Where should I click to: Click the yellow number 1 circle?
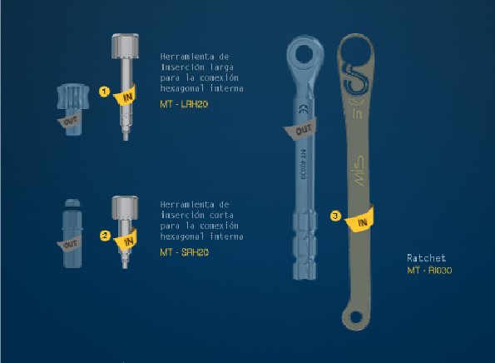click(x=104, y=91)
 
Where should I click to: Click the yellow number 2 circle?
click(x=104, y=235)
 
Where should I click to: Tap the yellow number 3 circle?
click(x=334, y=216)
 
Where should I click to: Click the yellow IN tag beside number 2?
click(x=128, y=241)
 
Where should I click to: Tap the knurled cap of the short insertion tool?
click(x=125, y=206)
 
